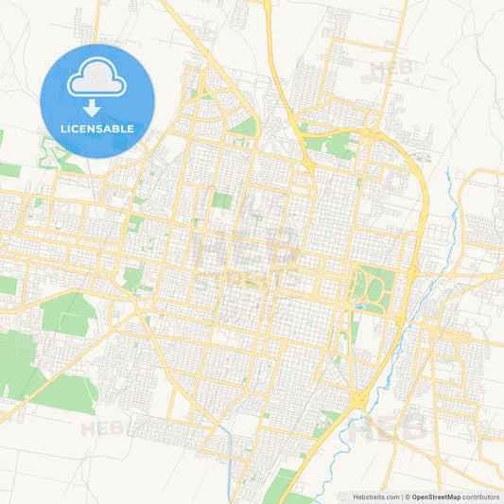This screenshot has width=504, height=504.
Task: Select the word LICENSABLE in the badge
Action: click(x=96, y=128)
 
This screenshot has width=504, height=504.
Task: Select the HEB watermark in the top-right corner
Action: click(x=391, y=69)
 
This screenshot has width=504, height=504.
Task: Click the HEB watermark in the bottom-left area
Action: click(x=102, y=428)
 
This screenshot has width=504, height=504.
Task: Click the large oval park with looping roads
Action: click(x=373, y=288)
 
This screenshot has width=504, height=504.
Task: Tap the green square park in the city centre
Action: click(x=222, y=200)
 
